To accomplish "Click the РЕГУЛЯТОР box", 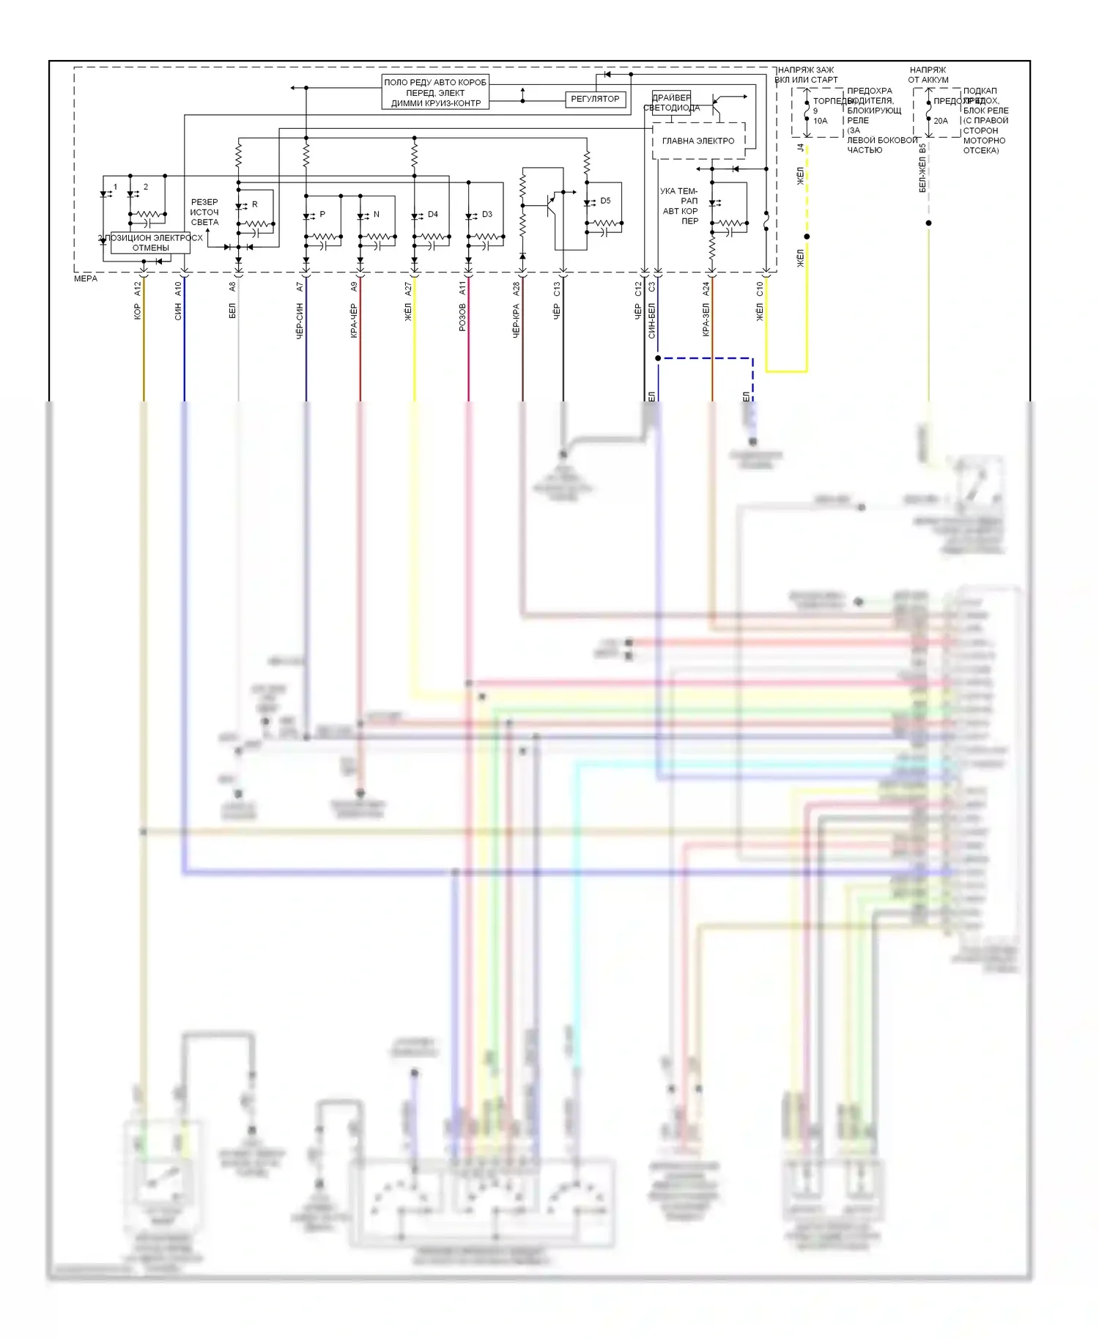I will [595, 99].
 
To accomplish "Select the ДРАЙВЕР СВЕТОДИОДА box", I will [671, 103].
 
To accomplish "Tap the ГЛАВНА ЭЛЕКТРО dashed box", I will [698, 141].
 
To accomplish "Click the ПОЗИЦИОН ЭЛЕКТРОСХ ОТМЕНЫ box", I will [150, 243].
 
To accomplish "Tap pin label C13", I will [557, 289].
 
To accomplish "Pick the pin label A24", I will [706, 289].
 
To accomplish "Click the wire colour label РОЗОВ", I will [462, 317].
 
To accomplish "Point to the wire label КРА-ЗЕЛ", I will [706, 320].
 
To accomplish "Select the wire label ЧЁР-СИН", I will [300, 320].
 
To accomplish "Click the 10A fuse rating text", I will [821, 121].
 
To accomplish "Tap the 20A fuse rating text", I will [941, 121].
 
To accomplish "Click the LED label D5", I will [605, 201].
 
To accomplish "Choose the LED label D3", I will [487, 215].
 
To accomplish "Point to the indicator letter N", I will [377, 215].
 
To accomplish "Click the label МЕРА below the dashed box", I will [86, 279].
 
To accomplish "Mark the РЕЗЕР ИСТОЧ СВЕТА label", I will [204, 212].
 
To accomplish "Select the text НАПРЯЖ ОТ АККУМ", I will [928, 75].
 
